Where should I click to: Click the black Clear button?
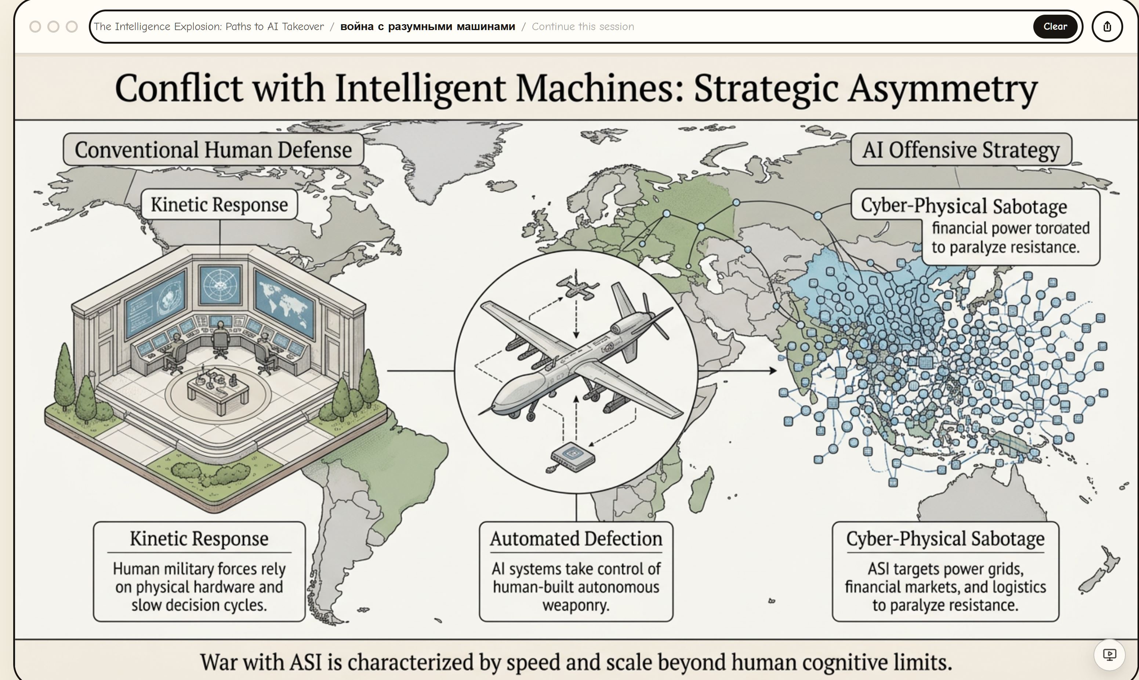(1055, 26)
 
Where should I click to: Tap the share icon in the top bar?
(1107, 26)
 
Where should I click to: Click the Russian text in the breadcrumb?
(427, 26)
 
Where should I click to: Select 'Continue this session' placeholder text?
(583, 26)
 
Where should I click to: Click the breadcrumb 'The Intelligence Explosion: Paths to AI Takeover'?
(208, 26)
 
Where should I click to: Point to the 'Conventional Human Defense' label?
(213, 150)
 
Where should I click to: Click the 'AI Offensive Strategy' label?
(961, 150)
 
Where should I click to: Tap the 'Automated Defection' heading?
(576, 539)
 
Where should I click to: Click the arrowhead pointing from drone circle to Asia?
(773, 370)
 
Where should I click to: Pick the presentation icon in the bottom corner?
(1109, 654)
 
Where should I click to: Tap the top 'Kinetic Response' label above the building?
(219, 204)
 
